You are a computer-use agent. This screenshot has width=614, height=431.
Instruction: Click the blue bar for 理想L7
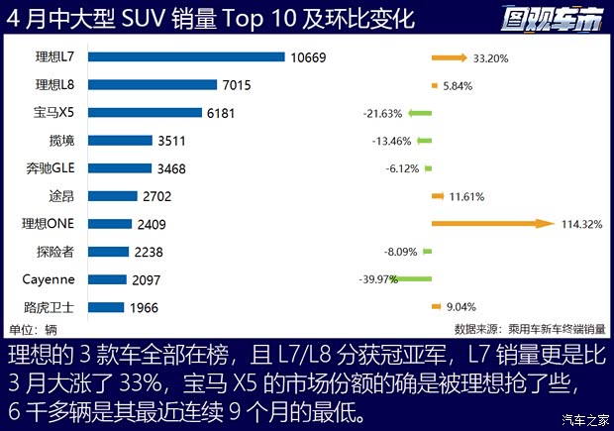(x=192, y=57)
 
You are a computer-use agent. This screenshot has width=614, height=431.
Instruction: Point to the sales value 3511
(x=172, y=141)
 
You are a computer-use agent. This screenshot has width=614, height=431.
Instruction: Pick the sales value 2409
(x=153, y=224)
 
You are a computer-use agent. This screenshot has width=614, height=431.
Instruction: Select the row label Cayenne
(x=49, y=279)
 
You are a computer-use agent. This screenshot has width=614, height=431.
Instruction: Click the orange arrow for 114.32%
(x=491, y=224)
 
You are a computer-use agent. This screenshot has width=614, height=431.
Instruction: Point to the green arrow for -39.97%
(x=415, y=279)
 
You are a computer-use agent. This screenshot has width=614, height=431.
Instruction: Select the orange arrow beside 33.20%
(x=450, y=58)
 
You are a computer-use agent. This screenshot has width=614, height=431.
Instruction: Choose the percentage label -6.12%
(x=403, y=169)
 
